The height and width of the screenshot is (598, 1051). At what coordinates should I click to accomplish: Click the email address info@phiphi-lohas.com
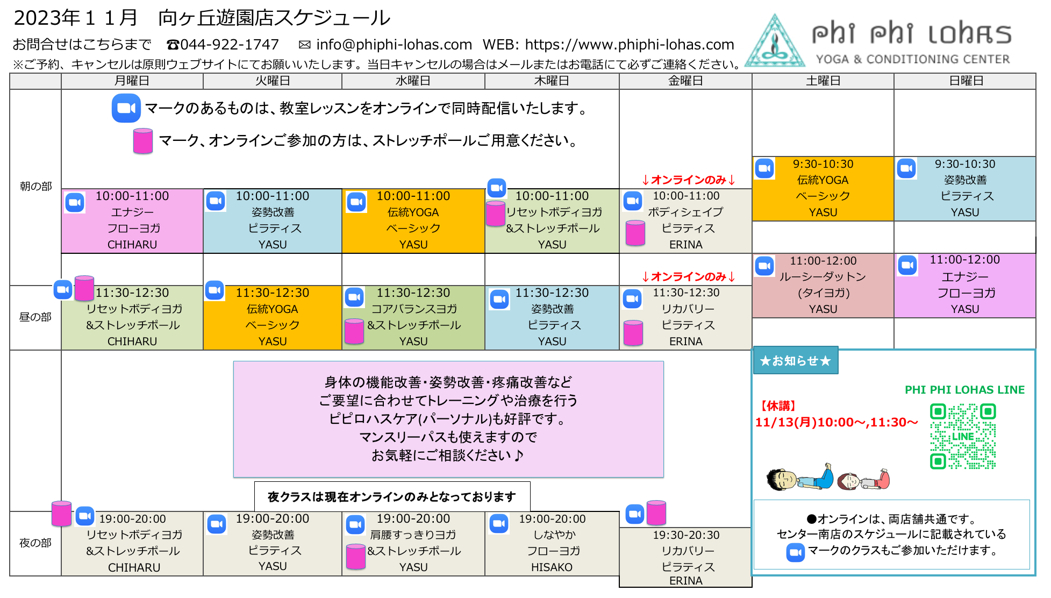pyautogui.click(x=394, y=45)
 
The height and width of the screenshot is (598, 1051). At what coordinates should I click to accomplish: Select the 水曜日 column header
pyautogui.click(x=413, y=81)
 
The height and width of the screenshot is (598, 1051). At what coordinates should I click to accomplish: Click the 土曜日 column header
pyautogui.click(x=823, y=81)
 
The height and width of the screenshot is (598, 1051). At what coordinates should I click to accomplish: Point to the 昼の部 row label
pyautogui.click(x=35, y=317)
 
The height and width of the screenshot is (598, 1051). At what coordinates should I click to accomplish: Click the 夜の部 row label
pyautogui.click(x=35, y=543)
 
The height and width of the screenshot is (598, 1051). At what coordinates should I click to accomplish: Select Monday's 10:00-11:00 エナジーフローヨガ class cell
pyautogui.click(x=132, y=220)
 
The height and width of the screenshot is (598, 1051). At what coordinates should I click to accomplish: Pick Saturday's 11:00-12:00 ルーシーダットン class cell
pyautogui.click(x=823, y=285)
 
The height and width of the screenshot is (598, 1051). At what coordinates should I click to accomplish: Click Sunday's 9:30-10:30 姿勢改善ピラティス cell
pyautogui.click(x=965, y=188)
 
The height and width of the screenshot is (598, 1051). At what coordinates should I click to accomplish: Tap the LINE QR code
pyautogui.click(x=963, y=436)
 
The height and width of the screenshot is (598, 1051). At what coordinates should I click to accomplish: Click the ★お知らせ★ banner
pyautogui.click(x=796, y=360)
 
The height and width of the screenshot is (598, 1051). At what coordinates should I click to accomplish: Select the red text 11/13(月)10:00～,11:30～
pyautogui.click(x=836, y=422)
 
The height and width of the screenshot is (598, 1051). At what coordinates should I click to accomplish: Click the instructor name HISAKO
pyautogui.click(x=552, y=567)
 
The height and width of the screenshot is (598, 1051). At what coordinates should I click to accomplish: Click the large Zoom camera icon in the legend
pyautogui.click(x=126, y=108)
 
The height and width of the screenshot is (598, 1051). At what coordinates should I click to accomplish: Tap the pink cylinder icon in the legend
pyautogui.click(x=143, y=141)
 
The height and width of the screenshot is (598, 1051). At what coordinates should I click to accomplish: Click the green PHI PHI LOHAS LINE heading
pyautogui.click(x=964, y=390)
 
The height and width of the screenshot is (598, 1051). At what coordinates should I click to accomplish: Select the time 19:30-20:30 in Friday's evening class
pyautogui.click(x=686, y=535)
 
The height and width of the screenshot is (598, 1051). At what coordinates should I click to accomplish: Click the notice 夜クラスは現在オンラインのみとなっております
pyautogui.click(x=392, y=497)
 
